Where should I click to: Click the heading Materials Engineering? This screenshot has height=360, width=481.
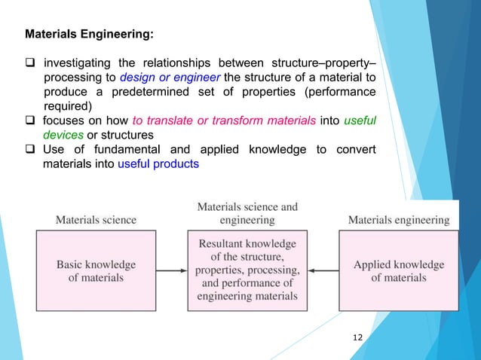90,34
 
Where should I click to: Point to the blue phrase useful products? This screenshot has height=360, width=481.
158,163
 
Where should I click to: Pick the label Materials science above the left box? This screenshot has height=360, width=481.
96,220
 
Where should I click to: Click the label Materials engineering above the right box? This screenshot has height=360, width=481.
398,220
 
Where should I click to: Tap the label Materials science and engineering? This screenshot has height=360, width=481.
247,213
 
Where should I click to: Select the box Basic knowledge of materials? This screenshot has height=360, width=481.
96,270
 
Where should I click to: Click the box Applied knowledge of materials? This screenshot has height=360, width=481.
398,270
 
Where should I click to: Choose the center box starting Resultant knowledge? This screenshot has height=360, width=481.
247,270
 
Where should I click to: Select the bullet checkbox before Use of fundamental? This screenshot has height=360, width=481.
31,149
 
